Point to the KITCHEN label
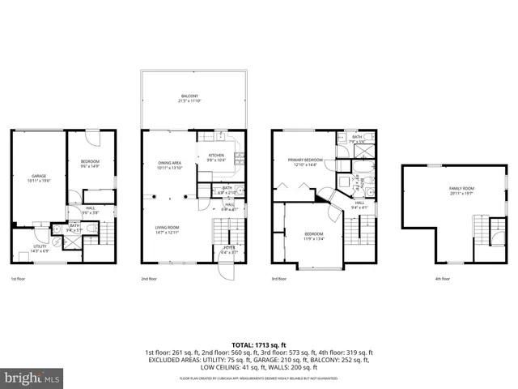coord(216,156)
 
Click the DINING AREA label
coord(169,165)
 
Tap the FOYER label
coord(229,250)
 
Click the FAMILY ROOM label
coord(461,190)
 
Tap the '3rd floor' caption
coord(279,280)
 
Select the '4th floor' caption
coord(443,280)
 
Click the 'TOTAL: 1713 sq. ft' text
coord(258,344)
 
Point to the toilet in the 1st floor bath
coord(58,230)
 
